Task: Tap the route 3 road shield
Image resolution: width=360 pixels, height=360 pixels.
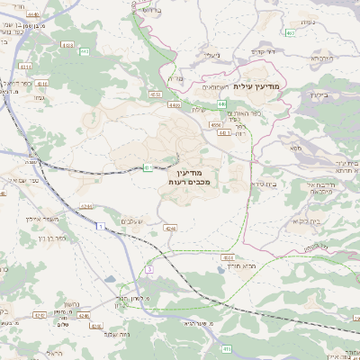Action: pos(148,269)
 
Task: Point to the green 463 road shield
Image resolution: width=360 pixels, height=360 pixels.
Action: pos(292,33)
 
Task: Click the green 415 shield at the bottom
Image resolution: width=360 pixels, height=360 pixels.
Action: pos(227,349)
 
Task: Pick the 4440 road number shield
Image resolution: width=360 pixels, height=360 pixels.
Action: pos(33,15)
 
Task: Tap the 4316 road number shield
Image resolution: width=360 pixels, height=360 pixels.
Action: pos(67,44)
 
